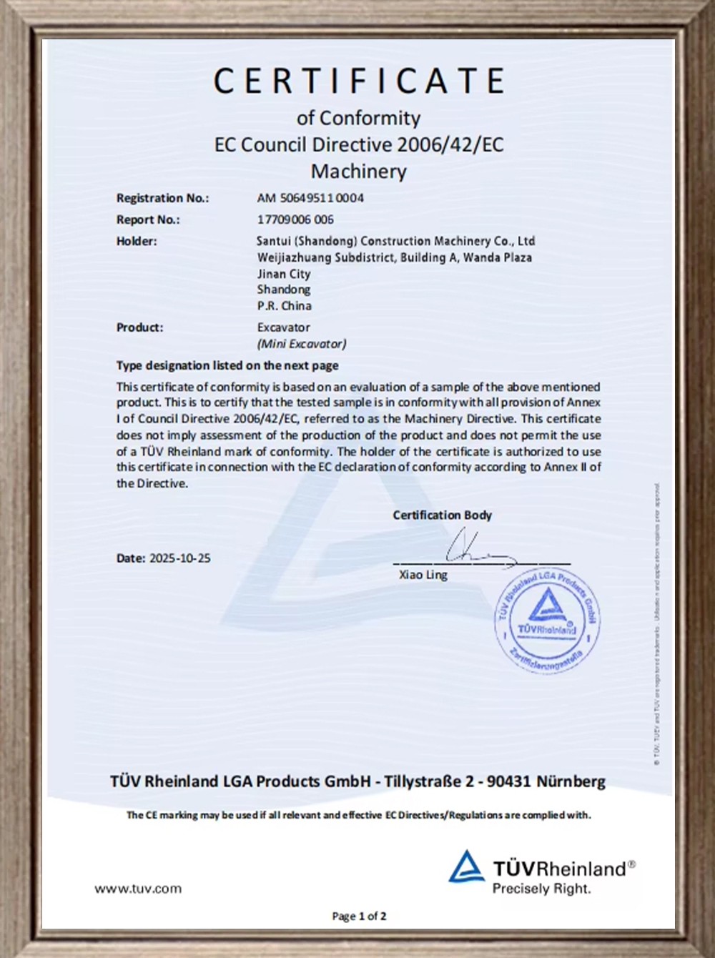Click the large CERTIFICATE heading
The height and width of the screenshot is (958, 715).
[x=359, y=81]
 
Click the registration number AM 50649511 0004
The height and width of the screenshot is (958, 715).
[x=310, y=198]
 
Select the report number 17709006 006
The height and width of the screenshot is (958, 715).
[x=295, y=219]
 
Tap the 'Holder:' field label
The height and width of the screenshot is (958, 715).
[x=137, y=242]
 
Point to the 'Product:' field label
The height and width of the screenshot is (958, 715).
[x=139, y=327]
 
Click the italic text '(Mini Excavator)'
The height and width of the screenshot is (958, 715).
[x=302, y=344]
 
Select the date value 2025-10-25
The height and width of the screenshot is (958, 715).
[x=179, y=558]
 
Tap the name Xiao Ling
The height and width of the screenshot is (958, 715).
[x=423, y=575]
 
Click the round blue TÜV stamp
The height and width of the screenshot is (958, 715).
[x=548, y=621]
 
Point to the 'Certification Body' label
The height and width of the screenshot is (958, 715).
[x=442, y=515]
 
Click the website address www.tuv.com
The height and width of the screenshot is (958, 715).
[x=138, y=889]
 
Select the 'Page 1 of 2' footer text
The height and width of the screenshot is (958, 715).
[x=359, y=916]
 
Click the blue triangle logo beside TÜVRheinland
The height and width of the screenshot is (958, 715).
[x=466, y=867]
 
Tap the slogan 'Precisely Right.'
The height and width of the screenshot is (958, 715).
[x=541, y=889]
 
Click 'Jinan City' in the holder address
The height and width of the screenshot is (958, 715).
[x=284, y=274]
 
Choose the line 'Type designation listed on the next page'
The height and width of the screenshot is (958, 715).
[x=227, y=365]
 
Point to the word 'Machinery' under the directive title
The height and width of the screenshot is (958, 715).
[x=358, y=172]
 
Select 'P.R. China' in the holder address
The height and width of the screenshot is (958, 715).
[x=285, y=306]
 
